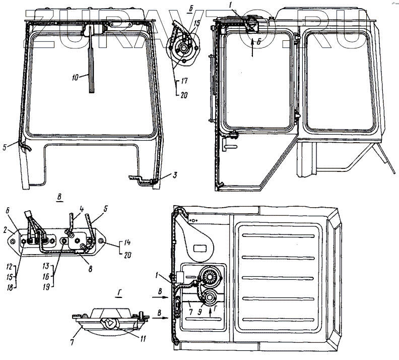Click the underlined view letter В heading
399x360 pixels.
59,199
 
